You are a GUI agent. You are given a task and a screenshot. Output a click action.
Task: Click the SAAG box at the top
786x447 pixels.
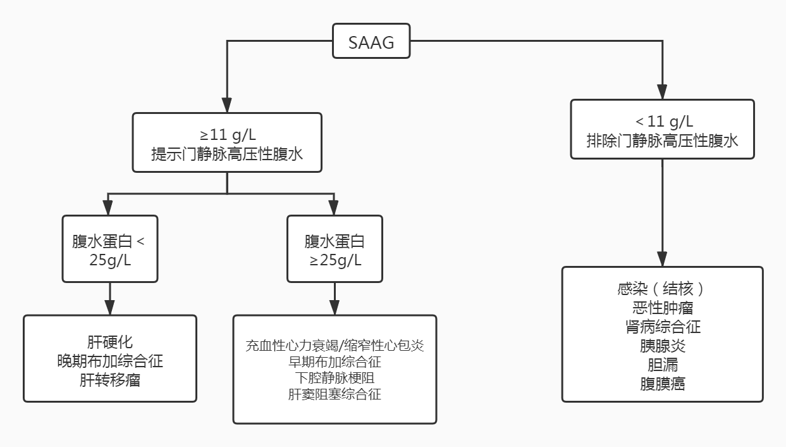pos(371,43)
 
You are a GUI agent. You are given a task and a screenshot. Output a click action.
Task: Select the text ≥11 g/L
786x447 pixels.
pos(227,134)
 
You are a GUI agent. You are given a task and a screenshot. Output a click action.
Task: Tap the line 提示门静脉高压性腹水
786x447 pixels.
pos(227,153)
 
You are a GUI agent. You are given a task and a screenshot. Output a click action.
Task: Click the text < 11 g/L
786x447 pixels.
pos(662,122)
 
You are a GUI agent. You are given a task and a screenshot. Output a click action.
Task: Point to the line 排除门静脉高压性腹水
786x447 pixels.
pos(662,141)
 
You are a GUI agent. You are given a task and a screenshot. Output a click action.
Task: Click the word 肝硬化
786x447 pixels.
pos(110,343)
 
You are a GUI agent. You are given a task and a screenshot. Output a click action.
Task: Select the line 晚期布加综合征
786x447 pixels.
pos(110,362)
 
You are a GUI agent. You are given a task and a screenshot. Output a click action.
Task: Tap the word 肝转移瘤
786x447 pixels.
pos(110,381)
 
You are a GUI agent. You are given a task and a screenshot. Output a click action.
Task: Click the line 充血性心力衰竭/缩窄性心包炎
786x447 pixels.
pos(335,346)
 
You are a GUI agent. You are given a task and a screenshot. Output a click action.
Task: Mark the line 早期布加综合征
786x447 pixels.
pos(335,363)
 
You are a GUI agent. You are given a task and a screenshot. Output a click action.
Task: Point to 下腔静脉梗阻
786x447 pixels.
pos(335,379)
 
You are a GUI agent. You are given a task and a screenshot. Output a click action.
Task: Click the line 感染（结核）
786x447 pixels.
pos(662,289)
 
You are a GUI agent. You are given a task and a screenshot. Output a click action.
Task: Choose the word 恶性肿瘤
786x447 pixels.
pos(662,308)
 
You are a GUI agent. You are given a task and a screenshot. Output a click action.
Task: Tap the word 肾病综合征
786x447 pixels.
pos(662,327)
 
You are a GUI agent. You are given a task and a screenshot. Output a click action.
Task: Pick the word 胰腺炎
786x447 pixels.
pos(662,346)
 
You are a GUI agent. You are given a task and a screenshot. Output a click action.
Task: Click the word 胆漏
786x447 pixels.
pos(662,365)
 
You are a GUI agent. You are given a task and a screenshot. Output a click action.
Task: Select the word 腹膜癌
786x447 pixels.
pos(662,384)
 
